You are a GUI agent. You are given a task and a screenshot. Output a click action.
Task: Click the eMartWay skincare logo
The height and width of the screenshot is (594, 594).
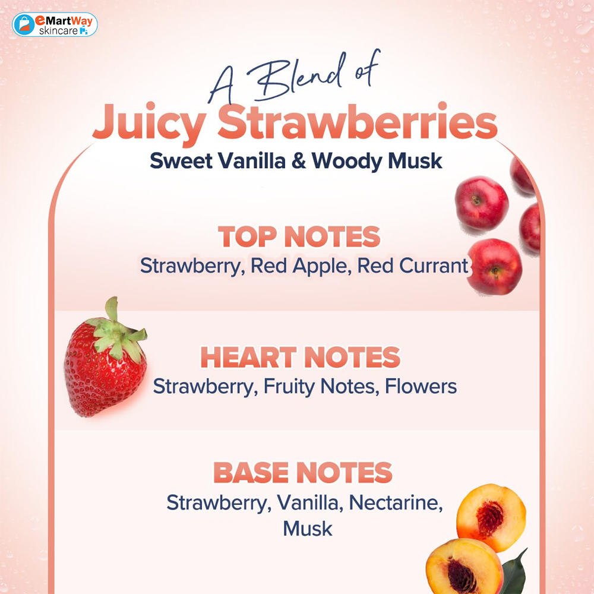pyautogui.click(x=55, y=24)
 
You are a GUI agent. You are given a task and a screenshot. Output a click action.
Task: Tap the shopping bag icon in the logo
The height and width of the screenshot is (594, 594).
pyautogui.click(x=24, y=24)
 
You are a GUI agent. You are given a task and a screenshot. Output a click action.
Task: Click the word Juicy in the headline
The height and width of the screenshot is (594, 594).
pyautogui.click(x=149, y=122)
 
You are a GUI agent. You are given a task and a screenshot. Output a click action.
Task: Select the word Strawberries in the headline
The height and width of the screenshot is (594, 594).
pyautogui.click(x=357, y=121)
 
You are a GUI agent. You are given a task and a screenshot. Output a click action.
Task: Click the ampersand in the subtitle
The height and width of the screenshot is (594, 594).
pyautogui.click(x=299, y=160)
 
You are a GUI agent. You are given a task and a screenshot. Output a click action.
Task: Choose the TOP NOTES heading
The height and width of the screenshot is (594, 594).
pyautogui.click(x=299, y=236)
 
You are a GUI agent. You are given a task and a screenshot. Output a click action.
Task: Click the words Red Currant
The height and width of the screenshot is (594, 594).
pyautogui.click(x=413, y=266)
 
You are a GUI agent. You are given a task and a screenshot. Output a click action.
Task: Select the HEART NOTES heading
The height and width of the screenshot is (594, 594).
pyautogui.click(x=300, y=357)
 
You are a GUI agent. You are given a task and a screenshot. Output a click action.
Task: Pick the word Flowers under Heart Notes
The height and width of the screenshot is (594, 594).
pyautogui.click(x=421, y=387)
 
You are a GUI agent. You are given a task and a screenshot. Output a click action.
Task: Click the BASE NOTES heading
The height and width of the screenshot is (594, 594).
pyautogui.click(x=303, y=472)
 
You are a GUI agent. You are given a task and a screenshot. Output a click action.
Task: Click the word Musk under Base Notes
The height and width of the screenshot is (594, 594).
pyautogui.click(x=308, y=529)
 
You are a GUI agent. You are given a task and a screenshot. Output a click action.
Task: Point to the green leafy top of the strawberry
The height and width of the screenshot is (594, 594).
pyautogui.click(x=118, y=333)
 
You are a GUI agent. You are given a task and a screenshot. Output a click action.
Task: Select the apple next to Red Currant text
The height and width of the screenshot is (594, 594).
pyautogui.click(x=494, y=267)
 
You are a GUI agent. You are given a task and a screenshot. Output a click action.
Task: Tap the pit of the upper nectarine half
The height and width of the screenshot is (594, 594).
pyautogui.click(x=490, y=518)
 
